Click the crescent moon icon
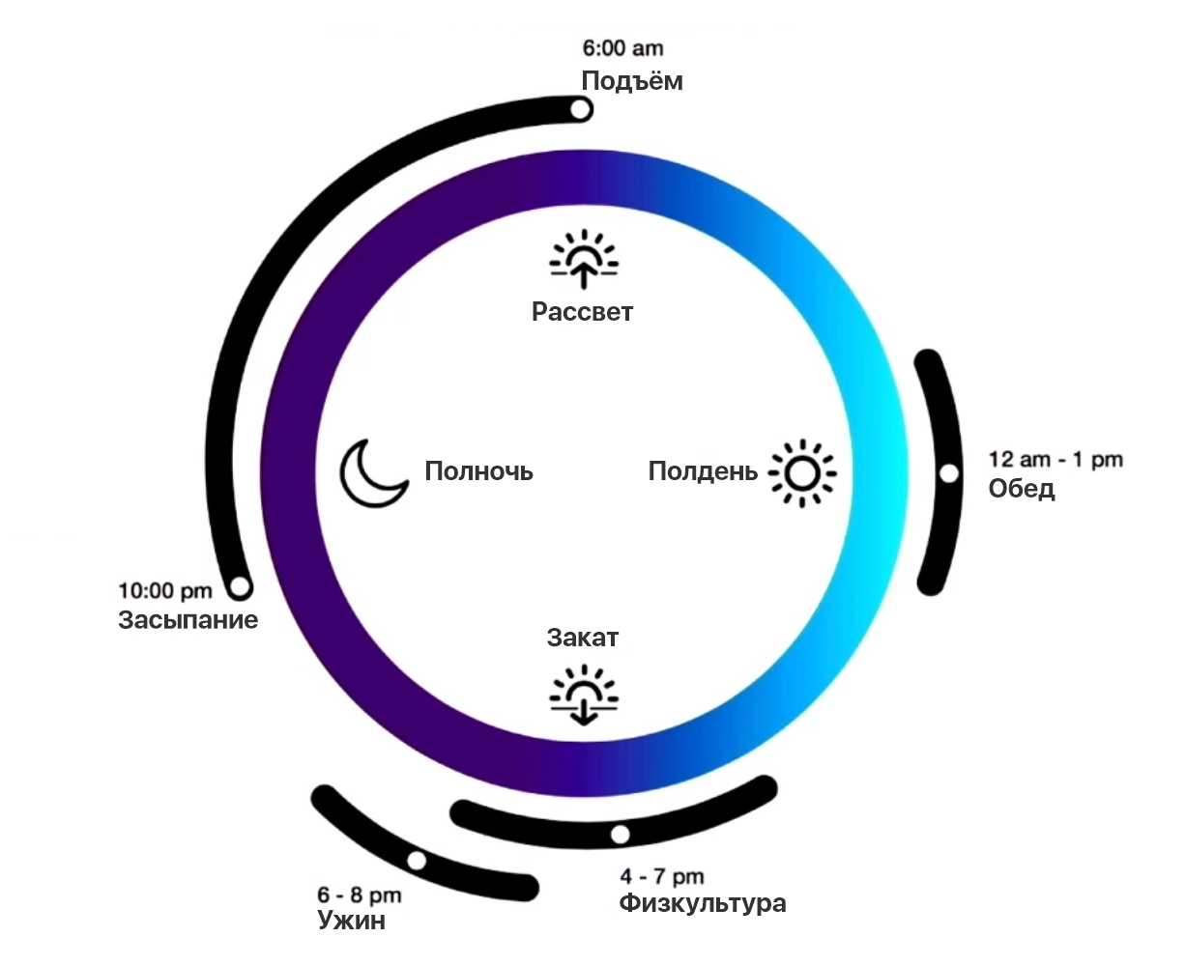(x=372, y=473)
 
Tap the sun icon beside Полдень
(x=802, y=473)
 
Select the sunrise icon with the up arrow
(x=584, y=260)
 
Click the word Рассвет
(x=582, y=312)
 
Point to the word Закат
(x=582, y=638)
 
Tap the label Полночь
(x=478, y=471)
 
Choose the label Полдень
(x=703, y=471)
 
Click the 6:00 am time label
(x=622, y=48)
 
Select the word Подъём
(x=632, y=81)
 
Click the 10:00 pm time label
(x=165, y=590)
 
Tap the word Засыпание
(x=188, y=620)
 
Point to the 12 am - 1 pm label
(x=1055, y=460)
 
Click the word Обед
(x=1022, y=490)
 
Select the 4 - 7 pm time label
(x=662, y=877)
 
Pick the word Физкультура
(x=703, y=904)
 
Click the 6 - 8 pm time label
(x=359, y=895)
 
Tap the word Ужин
(x=351, y=922)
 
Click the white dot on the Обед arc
(x=949, y=473)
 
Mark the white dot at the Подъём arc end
(x=580, y=110)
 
